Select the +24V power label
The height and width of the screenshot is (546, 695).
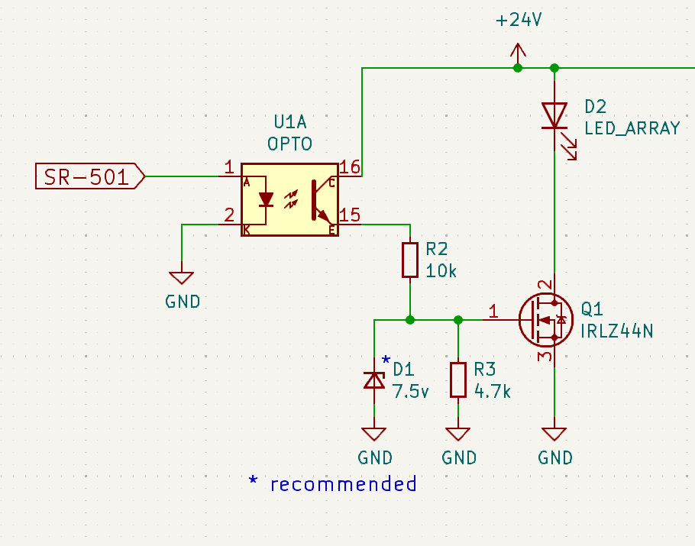[x=519, y=21]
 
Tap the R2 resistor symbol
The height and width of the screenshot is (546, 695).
[x=410, y=260]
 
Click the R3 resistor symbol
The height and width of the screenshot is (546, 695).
[x=458, y=380]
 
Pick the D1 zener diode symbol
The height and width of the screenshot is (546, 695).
[x=374, y=380]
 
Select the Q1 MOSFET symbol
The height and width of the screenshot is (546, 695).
[x=546, y=319]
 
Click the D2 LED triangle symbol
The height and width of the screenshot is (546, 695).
[x=555, y=116]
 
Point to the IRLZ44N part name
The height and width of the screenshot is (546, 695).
[x=617, y=331]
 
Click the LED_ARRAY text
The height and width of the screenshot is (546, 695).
[x=632, y=128]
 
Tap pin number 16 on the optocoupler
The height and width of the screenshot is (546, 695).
[x=350, y=167]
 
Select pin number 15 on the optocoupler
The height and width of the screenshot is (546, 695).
[x=350, y=215]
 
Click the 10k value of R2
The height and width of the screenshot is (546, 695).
[x=441, y=271]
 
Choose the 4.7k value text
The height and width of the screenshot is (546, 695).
[x=492, y=391]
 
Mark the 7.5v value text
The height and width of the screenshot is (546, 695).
[x=410, y=391]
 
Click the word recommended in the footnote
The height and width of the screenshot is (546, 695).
[x=344, y=484]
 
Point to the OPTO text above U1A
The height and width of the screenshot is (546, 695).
[x=290, y=144]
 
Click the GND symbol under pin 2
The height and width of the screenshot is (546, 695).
[x=182, y=278]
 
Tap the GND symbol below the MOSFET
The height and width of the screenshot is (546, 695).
[x=554, y=435]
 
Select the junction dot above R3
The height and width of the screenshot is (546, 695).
[x=458, y=319]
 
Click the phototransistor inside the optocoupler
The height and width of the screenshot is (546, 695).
[x=321, y=199]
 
